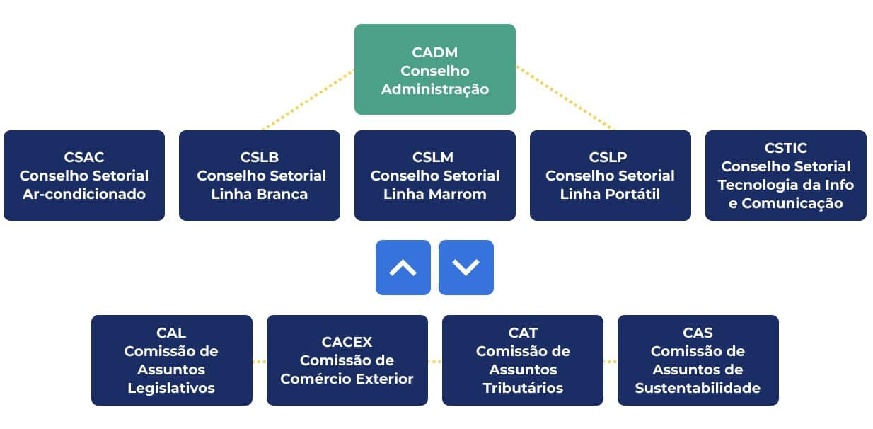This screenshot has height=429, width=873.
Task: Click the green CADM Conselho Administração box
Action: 434,69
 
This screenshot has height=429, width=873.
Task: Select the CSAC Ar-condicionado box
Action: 83,176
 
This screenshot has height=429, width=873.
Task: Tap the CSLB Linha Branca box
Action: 259,176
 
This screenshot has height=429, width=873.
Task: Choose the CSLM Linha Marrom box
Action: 434,176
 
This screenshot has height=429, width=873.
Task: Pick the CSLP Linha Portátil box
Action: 610,176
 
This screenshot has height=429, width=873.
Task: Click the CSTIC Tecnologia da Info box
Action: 785,176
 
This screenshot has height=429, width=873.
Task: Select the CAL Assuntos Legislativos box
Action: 171,360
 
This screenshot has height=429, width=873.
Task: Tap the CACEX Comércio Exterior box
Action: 347,360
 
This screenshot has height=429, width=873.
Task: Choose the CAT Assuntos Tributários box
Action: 522,360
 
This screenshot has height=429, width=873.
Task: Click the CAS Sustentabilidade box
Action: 698,360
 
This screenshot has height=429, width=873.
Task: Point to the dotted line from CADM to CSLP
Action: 565,98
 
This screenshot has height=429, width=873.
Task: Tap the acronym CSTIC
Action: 785,148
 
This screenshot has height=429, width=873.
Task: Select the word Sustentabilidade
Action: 698,388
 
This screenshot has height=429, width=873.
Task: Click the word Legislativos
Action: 171,388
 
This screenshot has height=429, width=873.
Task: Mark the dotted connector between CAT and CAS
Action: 610,361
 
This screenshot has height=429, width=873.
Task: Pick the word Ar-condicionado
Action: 83,194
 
